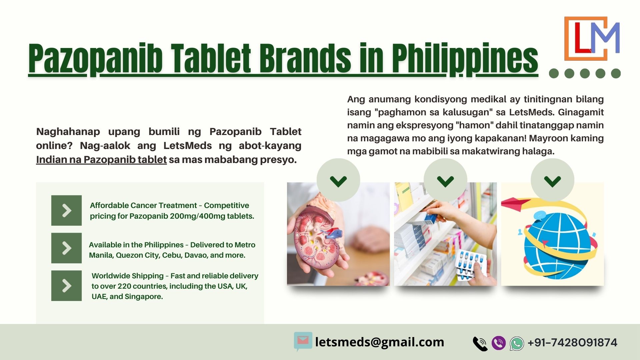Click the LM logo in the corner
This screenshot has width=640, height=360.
pyautogui.click(x=592, y=38)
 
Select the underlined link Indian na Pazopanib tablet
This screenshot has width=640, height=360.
pyautogui.click(x=101, y=160)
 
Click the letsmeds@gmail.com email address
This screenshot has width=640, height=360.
pyautogui.click(x=380, y=342)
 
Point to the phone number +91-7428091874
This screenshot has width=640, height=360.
pyautogui.click(x=572, y=343)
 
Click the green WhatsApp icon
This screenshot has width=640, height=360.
pyautogui.click(x=517, y=343)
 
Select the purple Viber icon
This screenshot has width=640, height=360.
pyautogui.click(x=499, y=343)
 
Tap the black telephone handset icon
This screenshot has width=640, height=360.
pyautogui.click(x=480, y=344)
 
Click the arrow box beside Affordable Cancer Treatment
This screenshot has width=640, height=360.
pyautogui.click(x=66, y=210)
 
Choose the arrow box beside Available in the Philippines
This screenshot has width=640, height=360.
pyautogui.click(x=66, y=248)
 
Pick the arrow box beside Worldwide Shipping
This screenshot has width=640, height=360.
pyautogui.click(x=66, y=286)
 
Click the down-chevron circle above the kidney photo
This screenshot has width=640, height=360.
pyautogui.click(x=338, y=180)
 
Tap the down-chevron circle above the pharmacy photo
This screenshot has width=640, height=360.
pyautogui.click(x=445, y=180)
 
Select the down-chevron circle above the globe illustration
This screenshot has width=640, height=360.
pyautogui.click(x=552, y=180)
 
